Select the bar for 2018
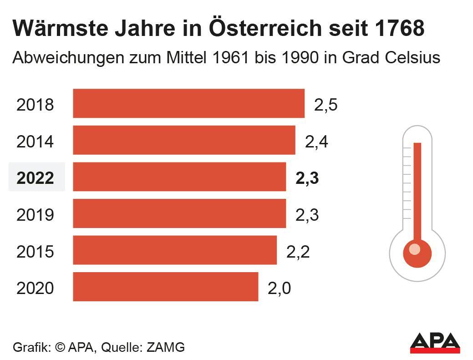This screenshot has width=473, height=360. [188, 103]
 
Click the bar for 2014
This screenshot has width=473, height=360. [184, 140]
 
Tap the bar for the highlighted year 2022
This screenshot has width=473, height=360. [179, 177]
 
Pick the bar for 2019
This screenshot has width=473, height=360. [179, 213]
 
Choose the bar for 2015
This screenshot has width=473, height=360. [175, 250]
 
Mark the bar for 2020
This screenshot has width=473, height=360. [165, 287]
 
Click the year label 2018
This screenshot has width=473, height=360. [35, 105]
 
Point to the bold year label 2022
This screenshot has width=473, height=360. [35, 178]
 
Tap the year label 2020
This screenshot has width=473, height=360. [35, 289]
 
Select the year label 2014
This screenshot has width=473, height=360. [35, 142]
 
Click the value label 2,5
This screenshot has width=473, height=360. [326, 105]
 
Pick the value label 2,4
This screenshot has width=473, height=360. [316, 142]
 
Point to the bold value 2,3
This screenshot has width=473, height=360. [307, 178]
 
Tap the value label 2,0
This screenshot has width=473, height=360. [279, 289]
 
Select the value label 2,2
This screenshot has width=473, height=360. [298, 252]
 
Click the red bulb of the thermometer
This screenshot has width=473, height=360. [417, 252]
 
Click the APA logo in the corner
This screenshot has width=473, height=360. [435, 343]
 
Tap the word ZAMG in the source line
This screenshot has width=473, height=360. [166, 347]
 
